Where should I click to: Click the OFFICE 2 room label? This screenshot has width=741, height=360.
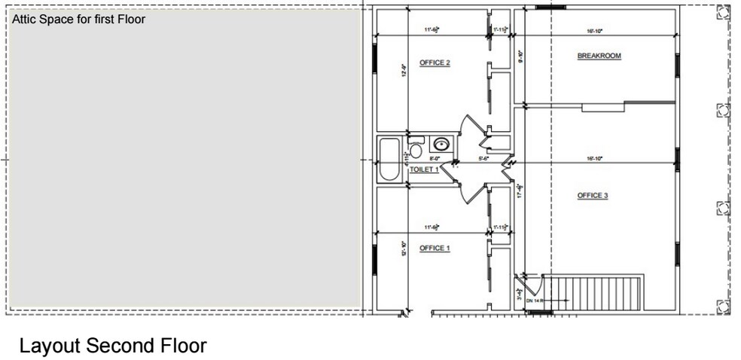tap(435, 63)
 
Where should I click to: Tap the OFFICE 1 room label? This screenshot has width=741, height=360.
tap(435, 249)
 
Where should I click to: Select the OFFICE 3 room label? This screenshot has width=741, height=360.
tap(592, 196)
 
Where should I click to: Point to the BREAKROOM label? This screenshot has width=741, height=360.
tap(599, 56)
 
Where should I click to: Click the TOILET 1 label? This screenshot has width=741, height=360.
tap(423, 170)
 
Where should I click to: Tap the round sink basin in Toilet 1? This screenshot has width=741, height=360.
tap(441, 143)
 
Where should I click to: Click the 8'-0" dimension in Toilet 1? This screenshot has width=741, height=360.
tap(435, 159)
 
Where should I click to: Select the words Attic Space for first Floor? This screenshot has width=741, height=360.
tap(78, 20)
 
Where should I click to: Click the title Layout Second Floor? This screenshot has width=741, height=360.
tap(112, 346)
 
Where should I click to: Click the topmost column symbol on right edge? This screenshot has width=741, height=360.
tap(723, 13)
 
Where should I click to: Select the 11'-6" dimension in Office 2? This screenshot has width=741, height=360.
tap(431, 30)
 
